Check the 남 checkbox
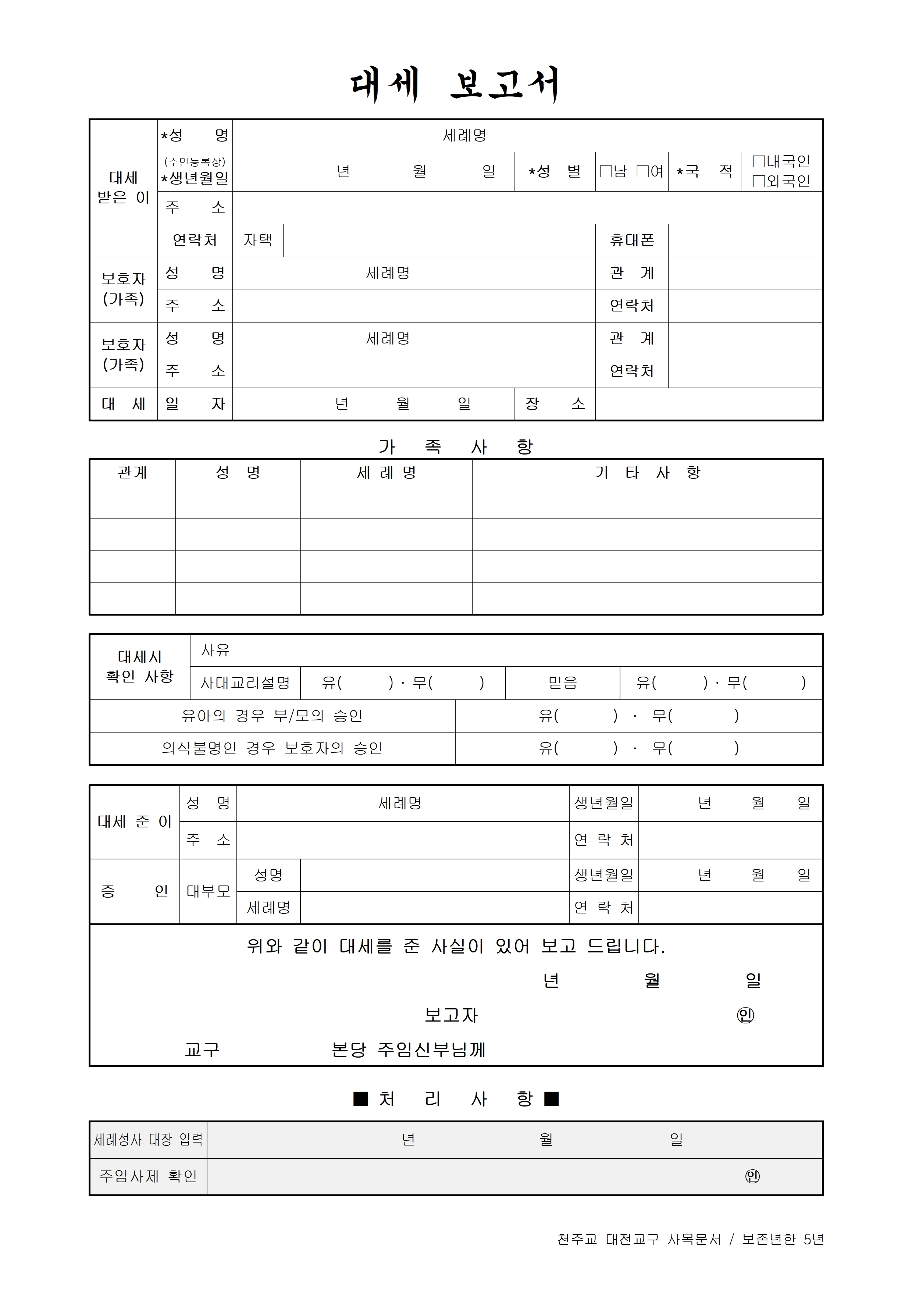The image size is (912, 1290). (606, 171)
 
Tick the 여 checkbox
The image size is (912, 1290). (642, 171)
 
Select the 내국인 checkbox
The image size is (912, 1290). (759, 162)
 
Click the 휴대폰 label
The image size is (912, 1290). (632, 240)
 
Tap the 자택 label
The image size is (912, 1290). (258, 240)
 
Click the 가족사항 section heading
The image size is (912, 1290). (455, 447)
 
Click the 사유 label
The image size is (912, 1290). (216, 650)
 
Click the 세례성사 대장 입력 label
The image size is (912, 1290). (148, 1140)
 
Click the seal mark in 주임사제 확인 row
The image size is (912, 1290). (752, 1176)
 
